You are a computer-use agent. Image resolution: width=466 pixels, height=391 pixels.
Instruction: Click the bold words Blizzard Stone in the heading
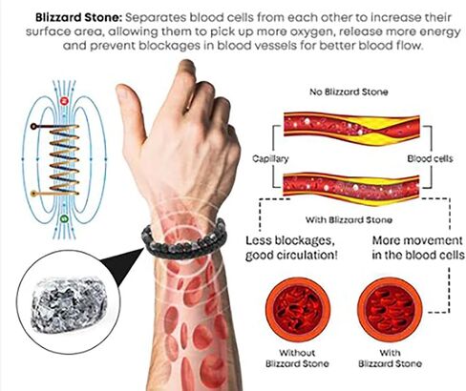(78, 17)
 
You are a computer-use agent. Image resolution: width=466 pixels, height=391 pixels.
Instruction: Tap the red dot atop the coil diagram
(64, 101)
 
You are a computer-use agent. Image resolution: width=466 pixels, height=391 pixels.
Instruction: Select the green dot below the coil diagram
(64, 218)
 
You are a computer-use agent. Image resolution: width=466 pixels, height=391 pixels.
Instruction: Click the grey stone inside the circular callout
(69, 304)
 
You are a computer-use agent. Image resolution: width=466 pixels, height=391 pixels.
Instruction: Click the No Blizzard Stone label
(349, 93)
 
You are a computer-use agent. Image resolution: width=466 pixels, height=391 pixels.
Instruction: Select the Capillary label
(270, 158)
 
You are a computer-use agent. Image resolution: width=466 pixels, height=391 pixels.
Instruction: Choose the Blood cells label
(430, 158)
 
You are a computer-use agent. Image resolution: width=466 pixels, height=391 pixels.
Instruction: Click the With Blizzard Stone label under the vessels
(349, 220)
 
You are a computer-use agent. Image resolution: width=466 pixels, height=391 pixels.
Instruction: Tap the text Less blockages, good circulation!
(291, 248)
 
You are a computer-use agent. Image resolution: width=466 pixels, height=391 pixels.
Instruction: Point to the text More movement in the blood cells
(417, 248)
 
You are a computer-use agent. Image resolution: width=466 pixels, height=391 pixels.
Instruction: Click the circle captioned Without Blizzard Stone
(298, 310)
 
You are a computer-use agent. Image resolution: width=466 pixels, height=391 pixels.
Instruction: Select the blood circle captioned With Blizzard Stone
(390, 310)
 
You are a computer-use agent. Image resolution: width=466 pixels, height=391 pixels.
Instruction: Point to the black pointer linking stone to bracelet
(122, 265)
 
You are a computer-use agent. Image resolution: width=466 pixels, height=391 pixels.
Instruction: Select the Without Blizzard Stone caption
(297, 359)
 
